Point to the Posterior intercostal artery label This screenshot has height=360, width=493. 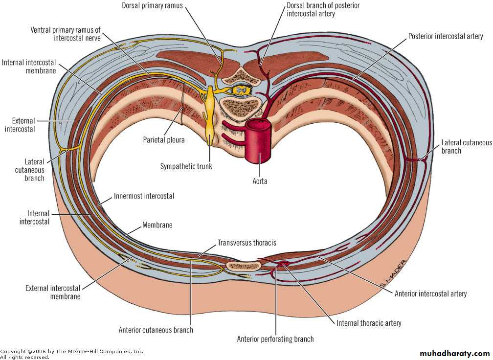pyautogui.click(x=446, y=37)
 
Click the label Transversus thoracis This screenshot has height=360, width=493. pyautogui.click(x=247, y=243)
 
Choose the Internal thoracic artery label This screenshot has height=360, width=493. pyautogui.click(x=369, y=323)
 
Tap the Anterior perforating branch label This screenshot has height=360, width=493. pyautogui.click(x=275, y=339)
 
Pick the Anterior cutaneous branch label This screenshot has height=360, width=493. pyautogui.click(x=156, y=330)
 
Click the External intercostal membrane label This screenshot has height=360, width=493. pyautogui.click(x=52, y=292)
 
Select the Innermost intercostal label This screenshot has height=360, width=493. pyautogui.click(x=144, y=196)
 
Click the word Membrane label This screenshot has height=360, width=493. pyautogui.click(x=157, y=225)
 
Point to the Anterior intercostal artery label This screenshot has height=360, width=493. pyautogui.click(x=430, y=294)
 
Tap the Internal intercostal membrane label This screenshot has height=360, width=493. pyautogui.click(x=29, y=66)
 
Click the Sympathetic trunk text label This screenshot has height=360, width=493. pyautogui.click(x=186, y=166)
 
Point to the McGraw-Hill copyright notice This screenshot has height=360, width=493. pyautogui.click(x=71, y=354)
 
